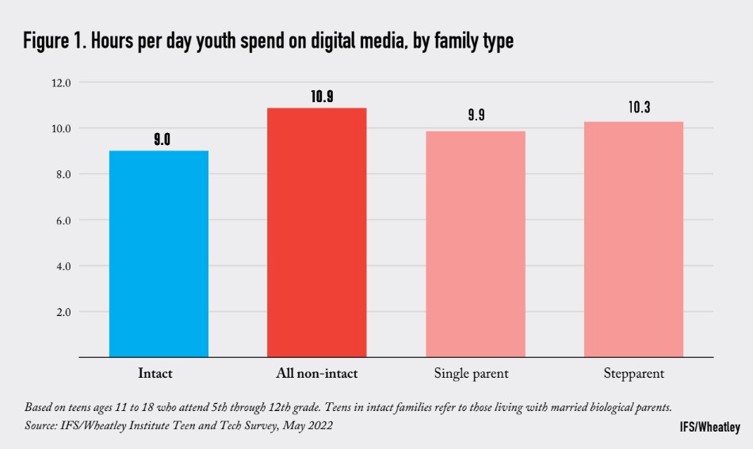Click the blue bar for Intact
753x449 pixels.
coord(159,253)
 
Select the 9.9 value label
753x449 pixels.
coord(476,115)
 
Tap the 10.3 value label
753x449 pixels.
coord(639,108)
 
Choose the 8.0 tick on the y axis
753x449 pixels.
coord(63,174)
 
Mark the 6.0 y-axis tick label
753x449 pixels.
coord(63,220)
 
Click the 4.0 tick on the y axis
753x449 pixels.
coord(63,266)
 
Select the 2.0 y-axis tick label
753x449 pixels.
coord(63,312)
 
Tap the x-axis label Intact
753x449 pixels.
coord(155,373)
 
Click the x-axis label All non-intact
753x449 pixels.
coord(316,373)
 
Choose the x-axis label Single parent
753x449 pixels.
coord(472,373)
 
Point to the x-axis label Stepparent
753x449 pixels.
coord(634,373)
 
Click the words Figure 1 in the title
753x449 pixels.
coord(56,42)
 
